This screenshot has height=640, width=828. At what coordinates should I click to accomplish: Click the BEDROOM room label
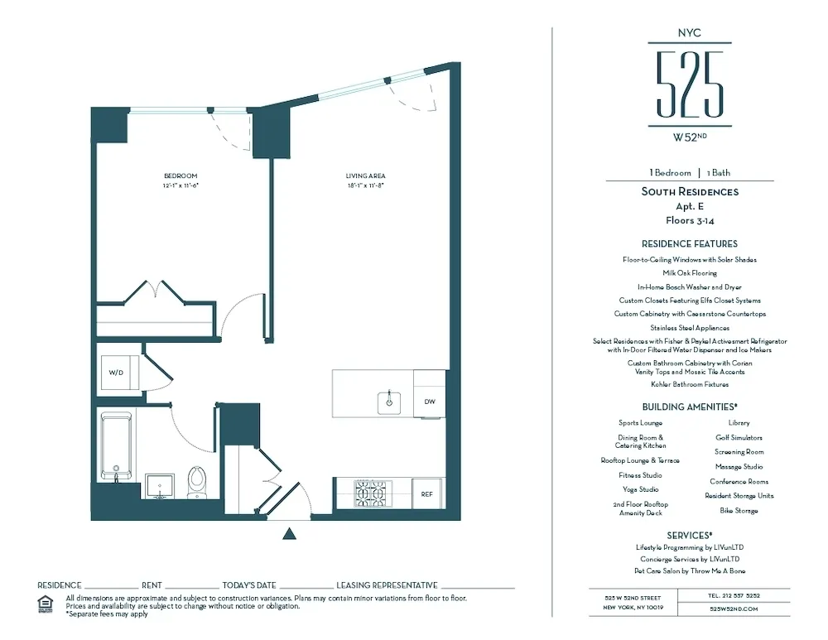tap(181, 176)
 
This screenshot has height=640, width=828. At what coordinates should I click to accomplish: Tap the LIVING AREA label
tap(365, 176)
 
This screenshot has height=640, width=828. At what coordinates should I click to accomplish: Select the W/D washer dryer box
tap(116, 373)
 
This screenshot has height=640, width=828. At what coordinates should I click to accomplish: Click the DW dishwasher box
tap(429, 402)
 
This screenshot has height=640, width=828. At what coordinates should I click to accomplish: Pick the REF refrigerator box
tap(427, 493)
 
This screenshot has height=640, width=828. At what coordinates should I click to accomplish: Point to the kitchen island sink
tap(388, 402)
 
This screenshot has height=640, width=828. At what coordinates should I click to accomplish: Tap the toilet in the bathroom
tap(197, 480)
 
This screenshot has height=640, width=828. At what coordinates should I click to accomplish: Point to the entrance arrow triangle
tap(289, 534)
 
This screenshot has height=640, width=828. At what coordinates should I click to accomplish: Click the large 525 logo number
tap(690, 84)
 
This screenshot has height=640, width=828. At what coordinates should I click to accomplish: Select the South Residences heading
tap(690, 192)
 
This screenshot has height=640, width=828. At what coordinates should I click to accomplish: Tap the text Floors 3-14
tap(690, 221)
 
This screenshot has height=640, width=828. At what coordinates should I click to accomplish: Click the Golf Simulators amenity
tap(739, 437)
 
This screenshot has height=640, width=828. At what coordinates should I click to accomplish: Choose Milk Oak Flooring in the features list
tap(690, 273)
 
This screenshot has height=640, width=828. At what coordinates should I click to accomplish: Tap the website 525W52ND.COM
tap(734, 609)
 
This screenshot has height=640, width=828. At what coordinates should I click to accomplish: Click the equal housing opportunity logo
tap(46, 604)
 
